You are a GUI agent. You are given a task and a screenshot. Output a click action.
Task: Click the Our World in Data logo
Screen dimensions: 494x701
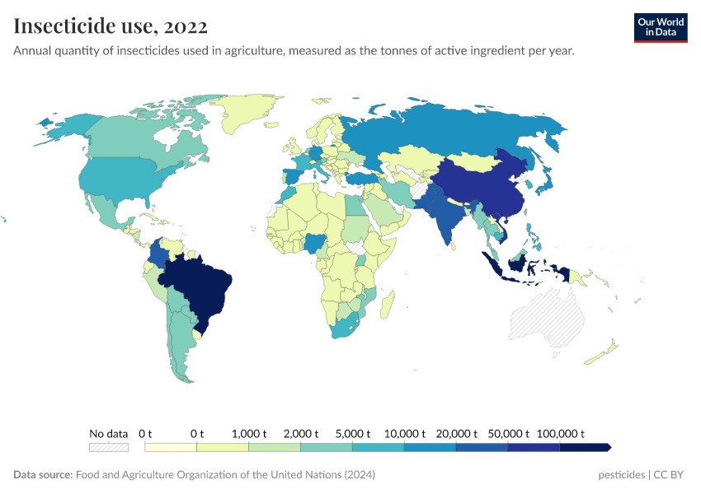(660, 27)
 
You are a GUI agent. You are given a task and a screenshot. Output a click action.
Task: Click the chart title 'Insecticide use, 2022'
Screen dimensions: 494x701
(111, 26)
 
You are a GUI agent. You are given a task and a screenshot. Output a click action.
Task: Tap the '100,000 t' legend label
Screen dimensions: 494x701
(561, 433)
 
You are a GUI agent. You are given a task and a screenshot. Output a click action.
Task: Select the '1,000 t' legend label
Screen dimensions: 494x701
(249, 433)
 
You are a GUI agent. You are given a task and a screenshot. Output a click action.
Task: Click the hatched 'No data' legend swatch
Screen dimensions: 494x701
(109, 447)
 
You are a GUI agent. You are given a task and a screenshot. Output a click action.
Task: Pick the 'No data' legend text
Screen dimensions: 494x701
(109, 433)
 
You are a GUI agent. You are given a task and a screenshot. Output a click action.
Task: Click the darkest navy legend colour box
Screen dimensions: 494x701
(584, 447)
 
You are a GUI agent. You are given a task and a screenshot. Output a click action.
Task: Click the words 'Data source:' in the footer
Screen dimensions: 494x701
(43, 475)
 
